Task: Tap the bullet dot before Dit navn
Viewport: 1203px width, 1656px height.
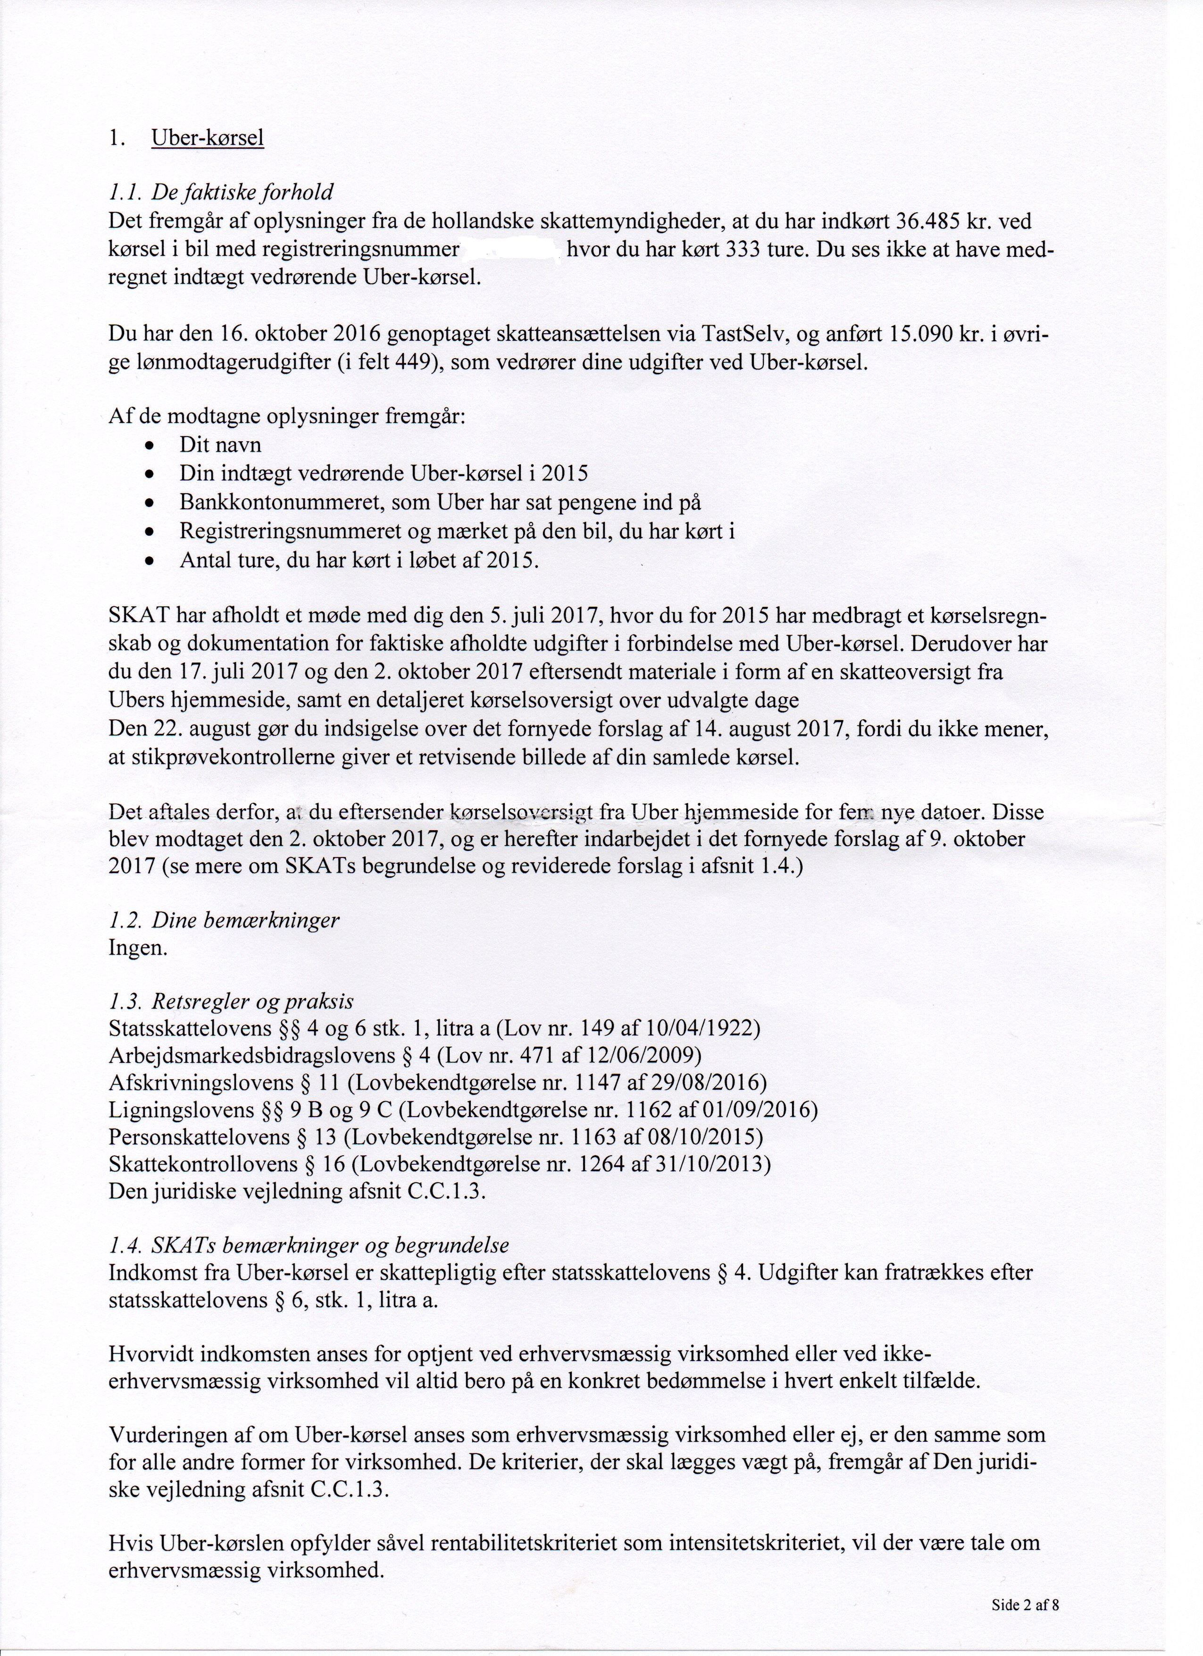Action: coord(150,446)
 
